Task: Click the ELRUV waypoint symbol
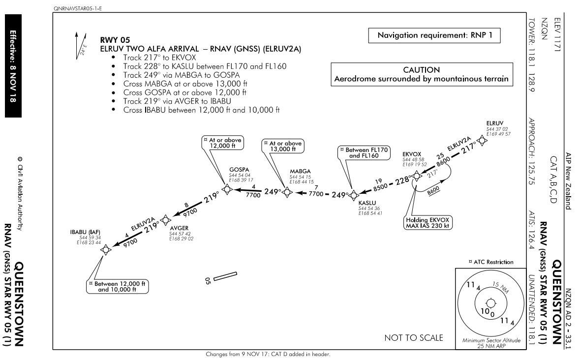click(x=482, y=141)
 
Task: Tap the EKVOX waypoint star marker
click(x=417, y=176)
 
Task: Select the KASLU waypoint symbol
click(x=354, y=195)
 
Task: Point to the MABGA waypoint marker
click(x=287, y=192)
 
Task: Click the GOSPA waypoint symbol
click(x=227, y=189)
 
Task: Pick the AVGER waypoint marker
click(x=165, y=220)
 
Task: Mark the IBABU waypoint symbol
click(x=106, y=250)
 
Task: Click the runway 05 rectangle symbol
click(x=225, y=276)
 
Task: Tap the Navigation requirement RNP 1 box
click(x=434, y=35)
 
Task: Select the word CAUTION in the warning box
click(x=421, y=70)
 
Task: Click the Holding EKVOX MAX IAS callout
click(x=427, y=223)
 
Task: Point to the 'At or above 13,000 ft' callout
click(x=283, y=146)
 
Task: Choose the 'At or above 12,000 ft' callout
click(x=223, y=143)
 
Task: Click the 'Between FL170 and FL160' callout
click(x=364, y=152)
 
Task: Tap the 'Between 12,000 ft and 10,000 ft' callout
click(x=117, y=287)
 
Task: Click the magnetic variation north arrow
click(x=81, y=45)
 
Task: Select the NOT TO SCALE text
click(x=414, y=337)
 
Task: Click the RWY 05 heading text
click(x=115, y=40)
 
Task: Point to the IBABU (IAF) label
click(x=85, y=232)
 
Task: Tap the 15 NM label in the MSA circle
click(x=500, y=287)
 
